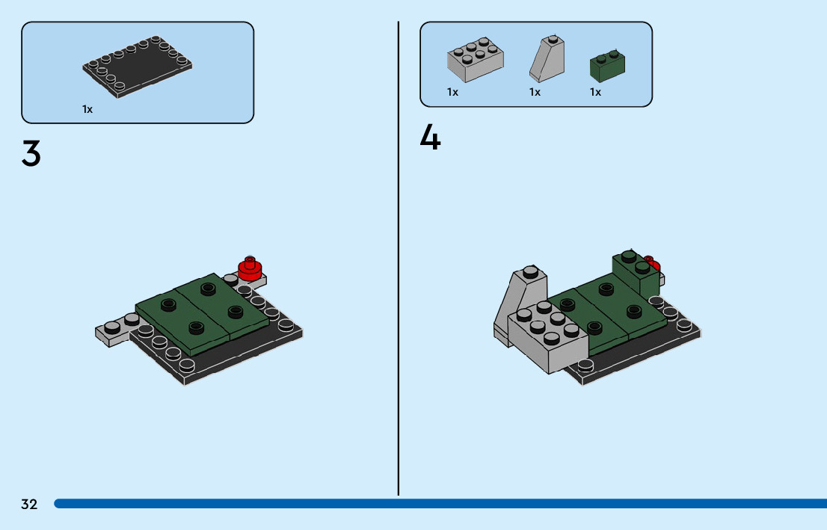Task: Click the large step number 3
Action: tap(31, 153)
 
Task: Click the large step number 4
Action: tap(430, 138)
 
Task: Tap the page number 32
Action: tap(29, 504)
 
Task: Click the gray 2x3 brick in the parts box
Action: tap(476, 59)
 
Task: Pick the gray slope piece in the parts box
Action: tap(547, 58)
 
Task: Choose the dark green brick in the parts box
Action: tap(607, 66)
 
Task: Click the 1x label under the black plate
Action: tap(87, 109)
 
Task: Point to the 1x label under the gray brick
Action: tap(452, 92)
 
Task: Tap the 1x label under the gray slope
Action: tap(535, 92)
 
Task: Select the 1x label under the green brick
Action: tap(595, 92)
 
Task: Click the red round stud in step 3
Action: tap(250, 268)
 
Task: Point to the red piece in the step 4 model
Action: tap(653, 262)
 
